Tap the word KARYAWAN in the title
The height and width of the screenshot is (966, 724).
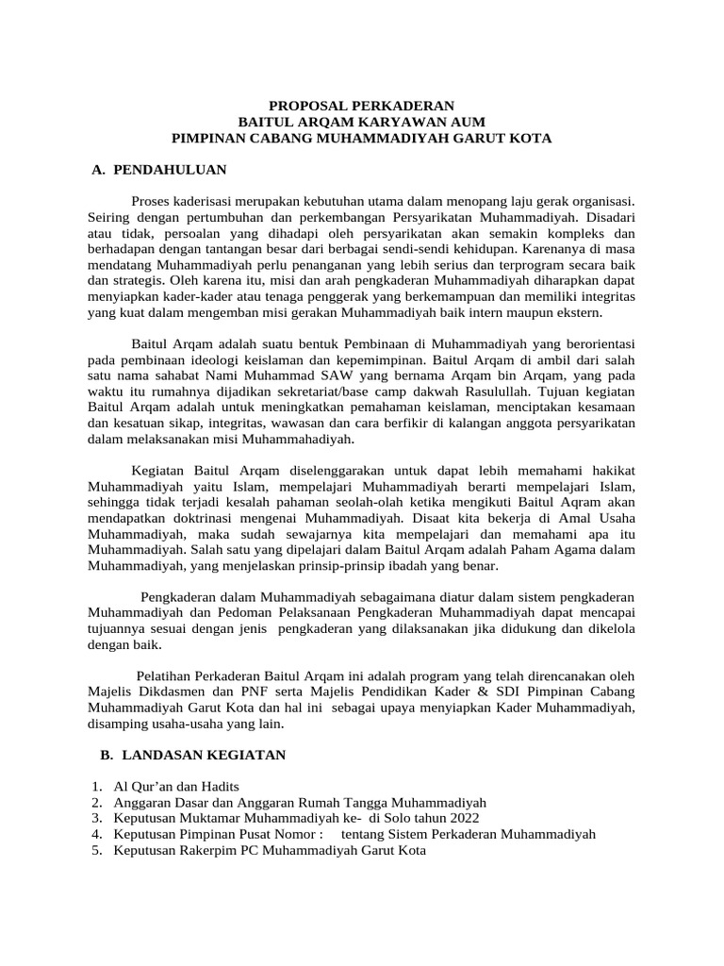pos(381,122)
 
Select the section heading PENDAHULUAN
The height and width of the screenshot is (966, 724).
pos(170,170)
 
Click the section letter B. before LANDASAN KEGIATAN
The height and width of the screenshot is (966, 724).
pos(106,756)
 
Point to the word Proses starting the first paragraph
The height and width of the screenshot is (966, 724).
pos(152,201)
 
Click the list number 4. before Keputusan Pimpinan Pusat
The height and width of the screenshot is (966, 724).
pos(97,835)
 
